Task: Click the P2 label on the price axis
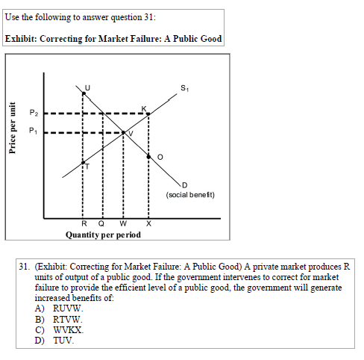tap(32, 113)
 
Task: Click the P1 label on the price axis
tap(32, 131)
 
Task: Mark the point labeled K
tap(149, 114)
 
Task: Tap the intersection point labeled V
tap(124, 132)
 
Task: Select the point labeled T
tap(83, 165)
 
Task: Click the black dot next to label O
tap(149, 157)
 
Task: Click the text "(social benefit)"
tap(191, 195)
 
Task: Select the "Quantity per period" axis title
tap(103, 235)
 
